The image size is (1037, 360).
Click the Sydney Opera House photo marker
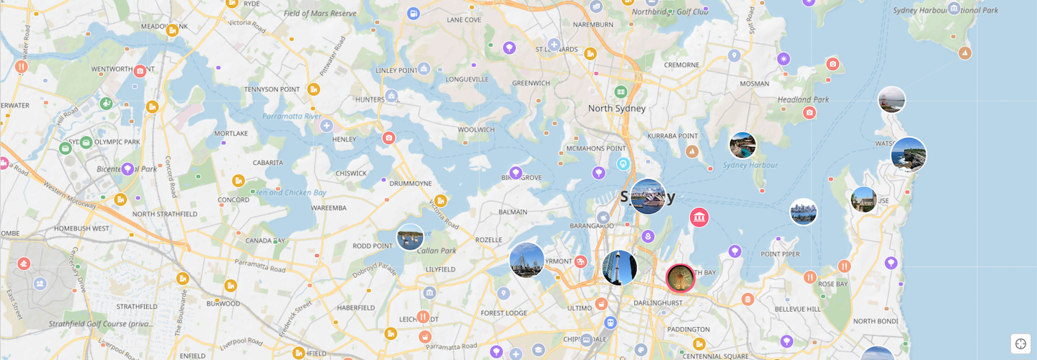(x=648, y=197)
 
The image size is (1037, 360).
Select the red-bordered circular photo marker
(x=680, y=278)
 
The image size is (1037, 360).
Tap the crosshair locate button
(x=1020, y=343)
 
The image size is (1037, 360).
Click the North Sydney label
(x=616, y=109)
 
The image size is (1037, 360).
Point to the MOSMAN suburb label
(x=754, y=84)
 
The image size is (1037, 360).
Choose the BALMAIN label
(x=513, y=212)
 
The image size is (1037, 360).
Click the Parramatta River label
(x=292, y=116)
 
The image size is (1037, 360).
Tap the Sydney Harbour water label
(x=750, y=166)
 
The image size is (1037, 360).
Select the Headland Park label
(x=803, y=100)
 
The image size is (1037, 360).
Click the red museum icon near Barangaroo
(x=699, y=217)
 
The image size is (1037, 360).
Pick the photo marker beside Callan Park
(x=410, y=237)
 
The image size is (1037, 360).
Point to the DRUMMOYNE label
(x=410, y=184)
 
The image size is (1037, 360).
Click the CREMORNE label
(x=681, y=65)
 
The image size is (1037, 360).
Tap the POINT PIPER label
(x=780, y=254)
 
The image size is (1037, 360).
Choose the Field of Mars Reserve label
(x=310, y=14)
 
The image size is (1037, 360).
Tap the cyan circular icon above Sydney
(x=624, y=163)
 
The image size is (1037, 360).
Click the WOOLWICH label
(x=476, y=130)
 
